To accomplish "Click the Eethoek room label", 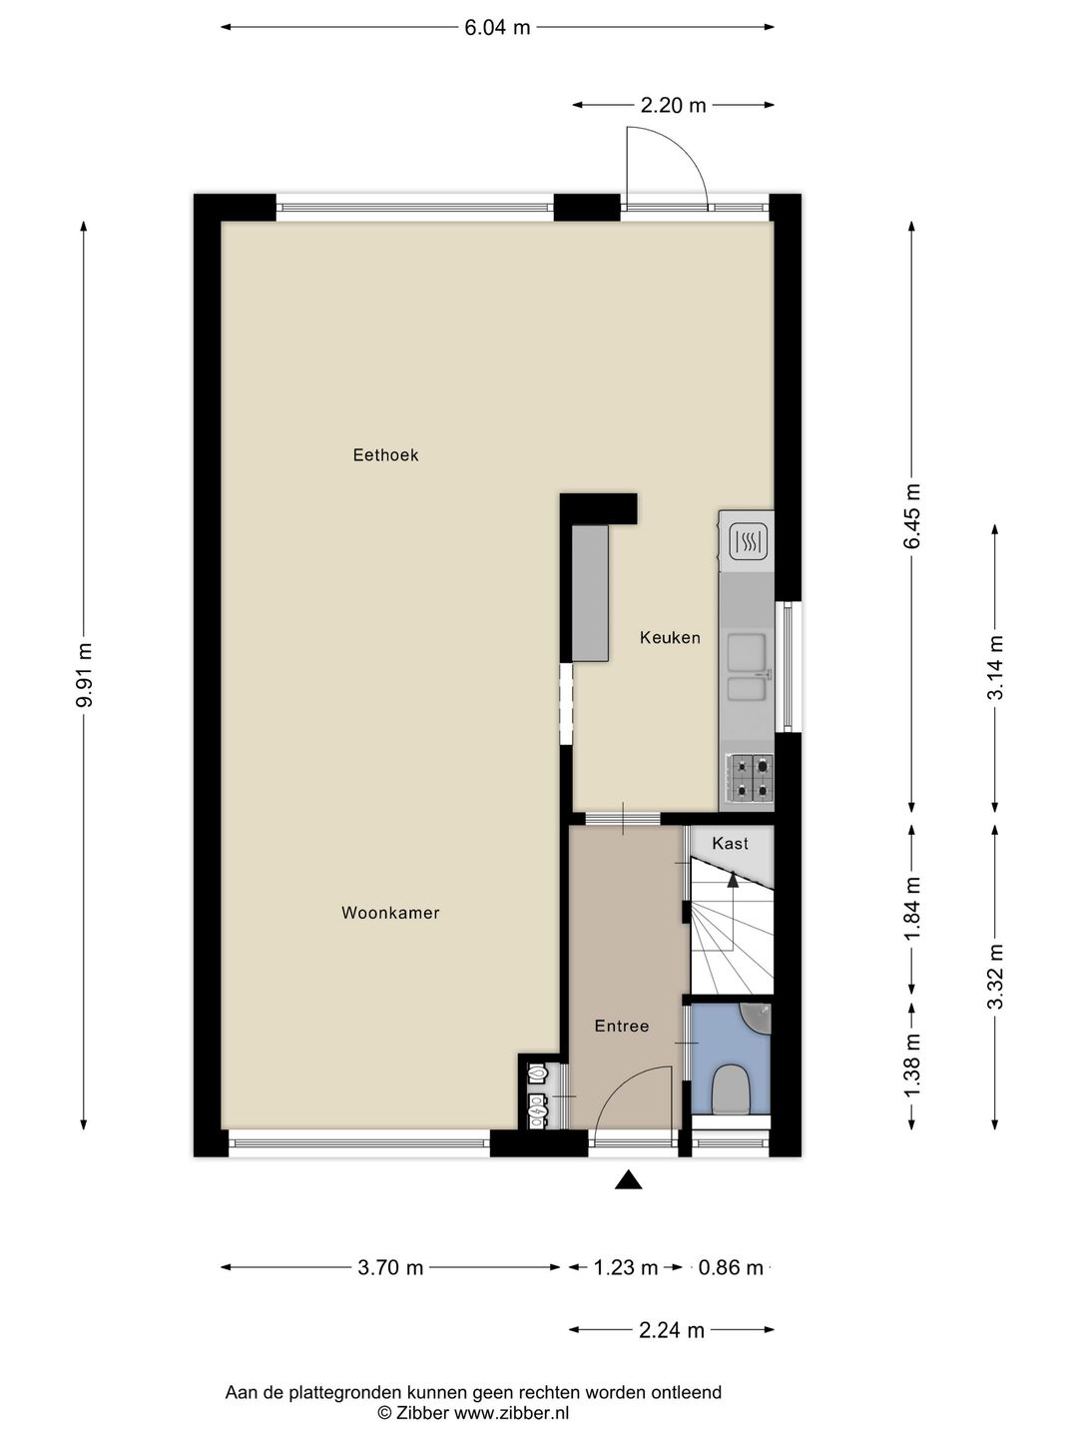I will click(385, 455).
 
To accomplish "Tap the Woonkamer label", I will click(390, 913).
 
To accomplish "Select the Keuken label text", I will click(670, 637).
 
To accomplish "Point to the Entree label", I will click(621, 1026).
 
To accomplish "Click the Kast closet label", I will click(730, 844).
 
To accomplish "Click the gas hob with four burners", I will click(751, 779).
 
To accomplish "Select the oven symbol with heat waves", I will click(748, 542).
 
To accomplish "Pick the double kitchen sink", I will click(747, 666).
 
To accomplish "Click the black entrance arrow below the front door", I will click(628, 1180).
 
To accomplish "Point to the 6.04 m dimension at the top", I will click(497, 28).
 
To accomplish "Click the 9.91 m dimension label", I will click(85, 675).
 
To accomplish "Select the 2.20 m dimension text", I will click(673, 105).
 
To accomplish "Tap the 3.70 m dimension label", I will click(390, 1268).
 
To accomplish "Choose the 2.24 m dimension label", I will click(671, 1330).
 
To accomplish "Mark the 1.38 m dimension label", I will click(911, 1066).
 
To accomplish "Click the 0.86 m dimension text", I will click(731, 1268).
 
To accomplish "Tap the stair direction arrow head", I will click(733, 880).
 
